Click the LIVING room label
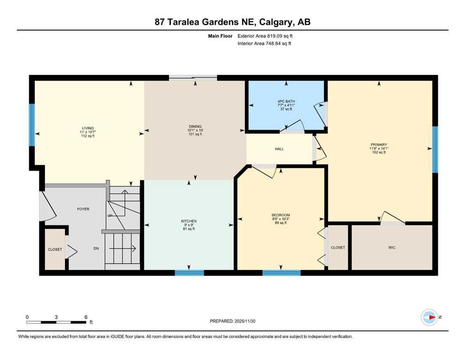point(88,128)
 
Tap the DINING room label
point(195,126)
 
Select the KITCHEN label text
point(189,221)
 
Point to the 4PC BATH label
point(286,101)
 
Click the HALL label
point(279,149)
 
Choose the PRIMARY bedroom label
point(378,145)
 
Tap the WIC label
point(392,247)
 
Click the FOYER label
point(83,209)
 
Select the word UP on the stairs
point(110,215)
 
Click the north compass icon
point(429,317)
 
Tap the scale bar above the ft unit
point(57,322)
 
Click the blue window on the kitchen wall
point(189,272)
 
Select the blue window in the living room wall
point(32,125)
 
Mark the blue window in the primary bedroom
point(435,149)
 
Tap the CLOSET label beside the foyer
point(55,249)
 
